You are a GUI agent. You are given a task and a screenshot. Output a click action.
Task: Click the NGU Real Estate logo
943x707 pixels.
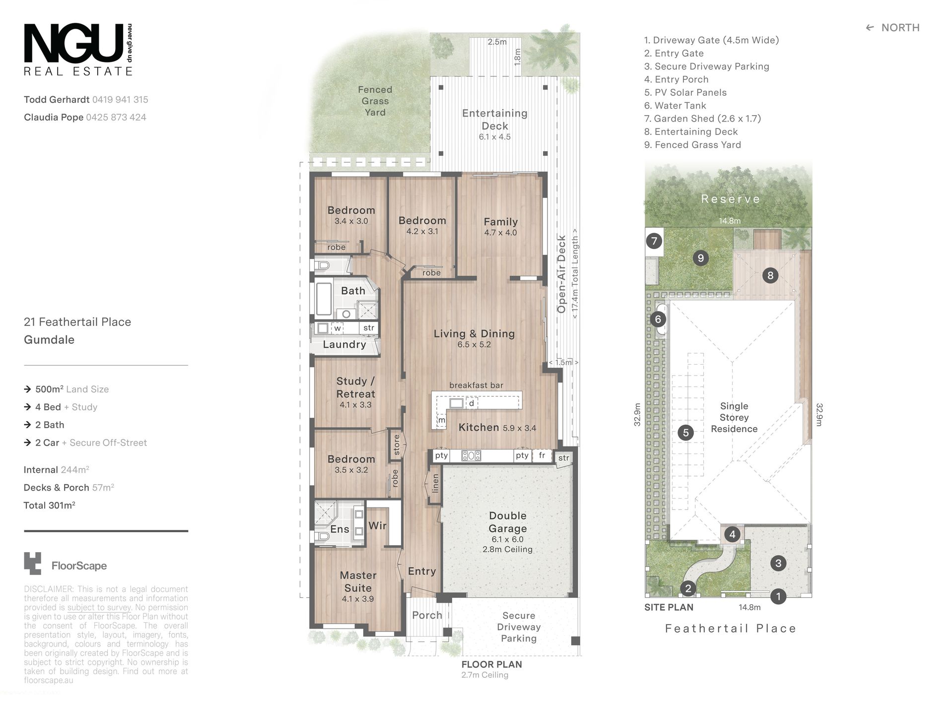[x=78, y=50]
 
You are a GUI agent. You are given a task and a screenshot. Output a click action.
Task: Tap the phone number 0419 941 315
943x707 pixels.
[x=120, y=100]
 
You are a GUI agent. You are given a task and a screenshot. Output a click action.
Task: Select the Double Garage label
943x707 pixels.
[x=507, y=522]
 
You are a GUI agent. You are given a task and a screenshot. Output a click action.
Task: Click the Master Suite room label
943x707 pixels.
[x=358, y=581]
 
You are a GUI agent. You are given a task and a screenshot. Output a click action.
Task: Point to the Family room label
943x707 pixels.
[x=501, y=222]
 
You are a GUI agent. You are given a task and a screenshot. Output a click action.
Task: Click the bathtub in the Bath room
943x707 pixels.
[x=324, y=299]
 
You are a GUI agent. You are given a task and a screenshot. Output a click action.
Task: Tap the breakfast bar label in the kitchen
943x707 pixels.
[x=476, y=385]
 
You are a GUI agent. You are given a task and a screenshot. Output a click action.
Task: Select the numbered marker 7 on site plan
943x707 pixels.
[x=654, y=242]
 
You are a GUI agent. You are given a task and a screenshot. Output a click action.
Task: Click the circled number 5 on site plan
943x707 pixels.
[x=685, y=433]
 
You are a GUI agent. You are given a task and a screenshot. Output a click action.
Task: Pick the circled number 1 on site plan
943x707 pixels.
[x=778, y=596]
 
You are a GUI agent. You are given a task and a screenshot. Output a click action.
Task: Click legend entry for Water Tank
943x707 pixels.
[x=675, y=106]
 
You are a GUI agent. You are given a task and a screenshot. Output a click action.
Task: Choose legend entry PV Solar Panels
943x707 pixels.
[x=685, y=93]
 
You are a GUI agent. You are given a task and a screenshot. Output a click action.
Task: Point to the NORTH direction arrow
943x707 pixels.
[x=870, y=28]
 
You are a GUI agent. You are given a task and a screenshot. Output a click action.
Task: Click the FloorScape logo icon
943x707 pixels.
[x=33, y=564]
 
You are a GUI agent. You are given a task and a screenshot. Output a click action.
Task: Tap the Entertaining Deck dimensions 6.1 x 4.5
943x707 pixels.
[x=494, y=137]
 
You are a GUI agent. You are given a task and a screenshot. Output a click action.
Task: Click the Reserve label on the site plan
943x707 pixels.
[x=731, y=199]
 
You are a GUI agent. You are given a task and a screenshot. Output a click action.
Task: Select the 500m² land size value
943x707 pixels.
[x=49, y=389]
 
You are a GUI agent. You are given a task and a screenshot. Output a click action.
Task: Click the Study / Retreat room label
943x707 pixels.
[x=356, y=387]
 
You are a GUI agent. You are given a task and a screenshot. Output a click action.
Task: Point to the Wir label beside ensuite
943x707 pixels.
[x=377, y=526]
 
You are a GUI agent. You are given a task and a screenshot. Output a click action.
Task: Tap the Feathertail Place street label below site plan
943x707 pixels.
[x=731, y=629]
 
